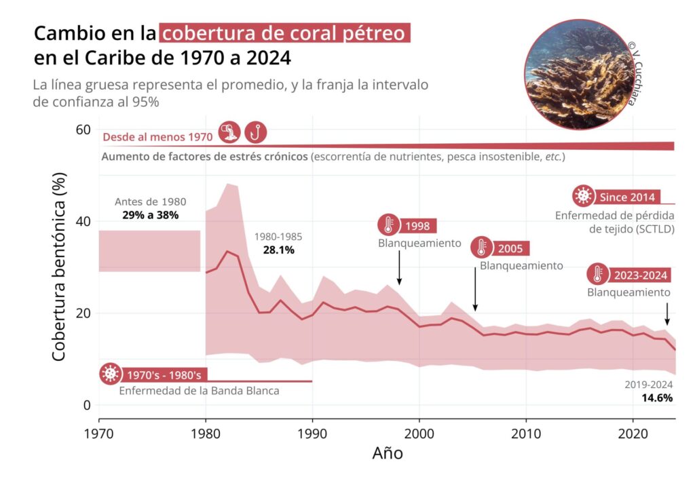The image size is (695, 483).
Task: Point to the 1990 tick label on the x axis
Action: (x=312, y=432)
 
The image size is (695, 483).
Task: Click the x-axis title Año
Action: (x=388, y=453)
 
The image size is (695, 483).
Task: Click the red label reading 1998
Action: (x=417, y=226)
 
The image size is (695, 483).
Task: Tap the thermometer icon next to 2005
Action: (x=482, y=248)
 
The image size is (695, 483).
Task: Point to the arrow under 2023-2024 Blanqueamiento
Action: (x=667, y=313)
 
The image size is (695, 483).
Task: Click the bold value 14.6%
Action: (x=657, y=398)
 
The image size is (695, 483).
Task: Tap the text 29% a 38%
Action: (x=150, y=215)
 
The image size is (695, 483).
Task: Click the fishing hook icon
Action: (x=255, y=132)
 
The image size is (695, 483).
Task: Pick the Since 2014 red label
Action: (x=627, y=197)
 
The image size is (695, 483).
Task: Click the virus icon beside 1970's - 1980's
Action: (x=109, y=374)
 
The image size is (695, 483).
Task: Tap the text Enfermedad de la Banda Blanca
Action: (x=199, y=391)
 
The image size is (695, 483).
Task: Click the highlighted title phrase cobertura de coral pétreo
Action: (x=284, y=33)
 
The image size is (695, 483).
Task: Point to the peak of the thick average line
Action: (x=227, y=252)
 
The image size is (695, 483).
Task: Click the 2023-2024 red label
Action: (x=641, y=275)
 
